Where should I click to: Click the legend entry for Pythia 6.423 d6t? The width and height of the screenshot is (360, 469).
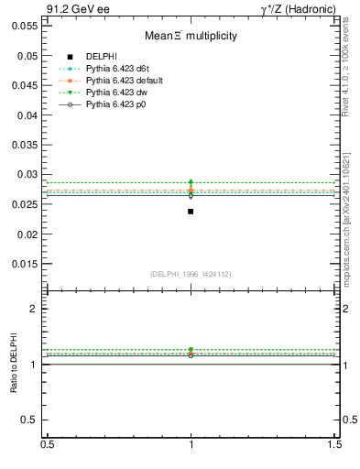[x=115, y=70]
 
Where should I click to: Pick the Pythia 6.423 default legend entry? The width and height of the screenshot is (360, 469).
[x=121, y=82]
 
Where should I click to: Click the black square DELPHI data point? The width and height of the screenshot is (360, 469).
[x=191, y=212]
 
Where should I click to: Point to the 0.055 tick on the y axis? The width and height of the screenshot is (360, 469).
[x=27, y=27]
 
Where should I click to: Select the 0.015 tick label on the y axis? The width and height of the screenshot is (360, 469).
[x=27, y=265]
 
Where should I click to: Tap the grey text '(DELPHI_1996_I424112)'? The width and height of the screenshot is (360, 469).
[x=191, y=274]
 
